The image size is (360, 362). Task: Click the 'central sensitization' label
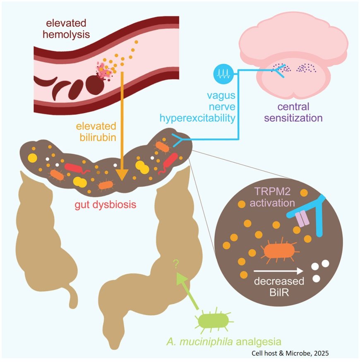(x=293, y=113)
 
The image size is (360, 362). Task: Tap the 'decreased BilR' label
(x=280, y=287)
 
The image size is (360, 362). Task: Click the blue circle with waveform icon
(x=223, y=75)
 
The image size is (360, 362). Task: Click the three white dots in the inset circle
(x=321, y=271)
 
